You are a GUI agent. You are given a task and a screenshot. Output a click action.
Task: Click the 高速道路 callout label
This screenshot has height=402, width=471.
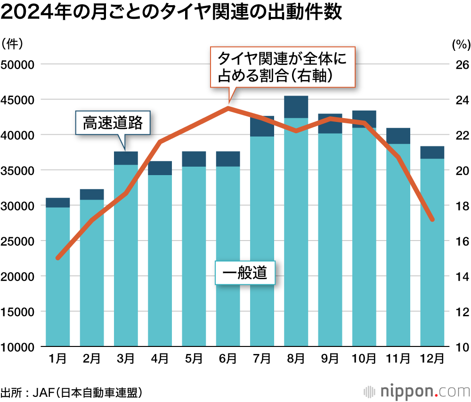pos(112,123)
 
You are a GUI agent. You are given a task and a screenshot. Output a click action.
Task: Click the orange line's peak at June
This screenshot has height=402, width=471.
pos(228,108)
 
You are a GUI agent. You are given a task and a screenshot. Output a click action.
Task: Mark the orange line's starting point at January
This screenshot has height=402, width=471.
pos(58,258)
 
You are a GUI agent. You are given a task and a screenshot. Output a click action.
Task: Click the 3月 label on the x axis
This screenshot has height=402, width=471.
pos(125,359)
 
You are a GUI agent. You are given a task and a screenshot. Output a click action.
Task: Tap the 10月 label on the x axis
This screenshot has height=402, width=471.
pos(364,359)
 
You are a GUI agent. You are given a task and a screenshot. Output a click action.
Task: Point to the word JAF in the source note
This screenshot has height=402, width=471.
pos(44,392)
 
